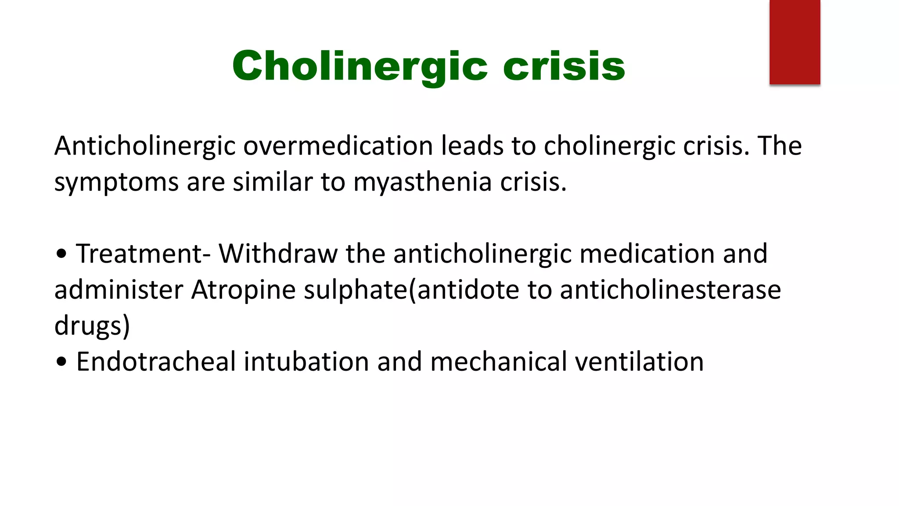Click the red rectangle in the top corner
[x=795, y=42]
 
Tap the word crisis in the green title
[x=564, y=67]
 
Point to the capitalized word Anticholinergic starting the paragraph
[x=145, y=146]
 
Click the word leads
[x=472, y=146]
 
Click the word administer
[x=119, y=290]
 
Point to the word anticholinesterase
[x=670, y=290]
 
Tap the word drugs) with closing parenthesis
[x=92, y=326]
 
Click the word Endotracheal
[x=156, y=362]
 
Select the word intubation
[x=306, y=362]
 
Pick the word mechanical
[x=499, y=362]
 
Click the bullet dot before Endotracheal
[x=62, y=362]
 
